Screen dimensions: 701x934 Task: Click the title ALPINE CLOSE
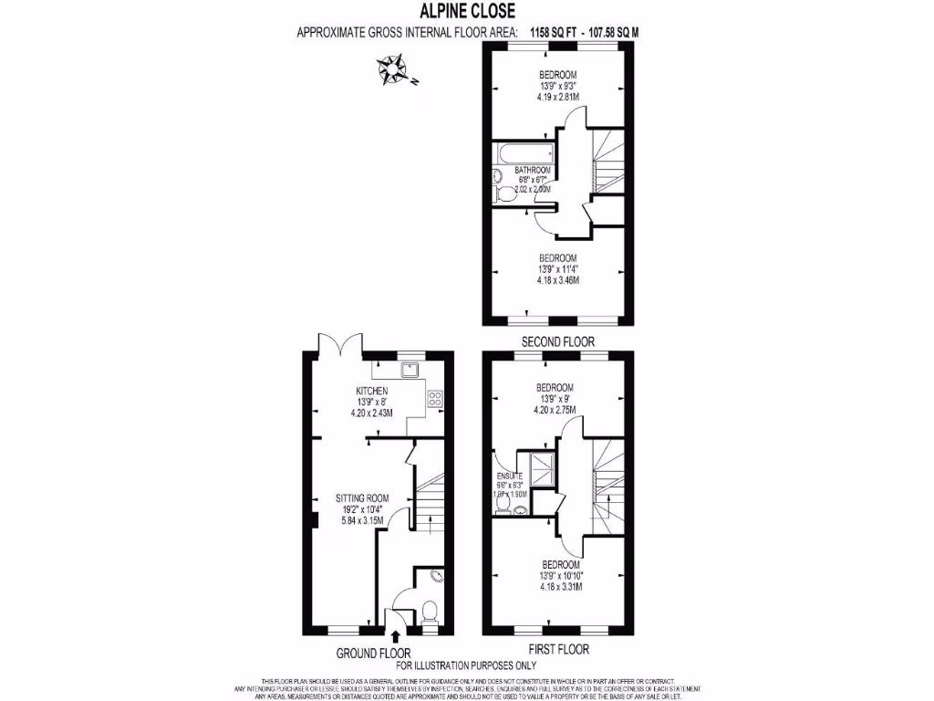(x=466, y=11)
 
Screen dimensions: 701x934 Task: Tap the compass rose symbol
(x=394, y=68)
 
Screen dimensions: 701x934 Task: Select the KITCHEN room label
(x=371, y=391)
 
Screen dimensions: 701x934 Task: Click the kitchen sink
(x=410, y=370)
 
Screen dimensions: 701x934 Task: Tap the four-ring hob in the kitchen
(x=435, y=398)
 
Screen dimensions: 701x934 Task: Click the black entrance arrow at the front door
(x=395, y=638)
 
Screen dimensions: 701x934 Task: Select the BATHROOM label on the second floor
(x=532, y=170)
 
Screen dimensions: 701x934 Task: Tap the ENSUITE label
(x=508, y=476)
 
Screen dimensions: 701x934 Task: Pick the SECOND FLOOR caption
(x=557, y=341)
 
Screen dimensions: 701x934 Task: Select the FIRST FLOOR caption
(x=557, y=649)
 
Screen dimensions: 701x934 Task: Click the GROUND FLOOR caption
(x=373, y=653)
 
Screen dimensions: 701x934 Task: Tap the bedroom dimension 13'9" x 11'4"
(x=558, y=268)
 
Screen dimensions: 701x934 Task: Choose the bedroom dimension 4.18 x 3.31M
(x=558, y=586)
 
